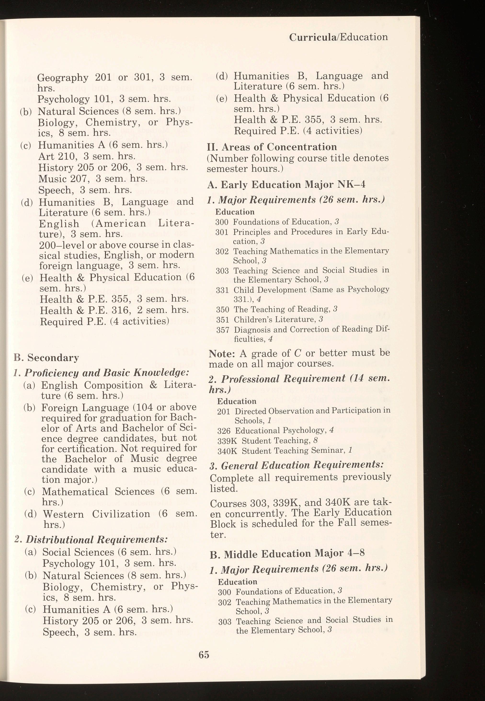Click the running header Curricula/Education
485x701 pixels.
[338, 37]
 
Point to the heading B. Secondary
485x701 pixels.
[46, 358]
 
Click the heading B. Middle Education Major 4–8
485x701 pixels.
[287, 553]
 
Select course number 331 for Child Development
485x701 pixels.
[222, 290]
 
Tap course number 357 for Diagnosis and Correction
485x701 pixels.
[222, 330]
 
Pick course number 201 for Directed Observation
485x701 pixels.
[224, 411]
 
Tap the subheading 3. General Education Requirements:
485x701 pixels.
[296, 465]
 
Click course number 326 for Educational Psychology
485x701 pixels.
[224, 431]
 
